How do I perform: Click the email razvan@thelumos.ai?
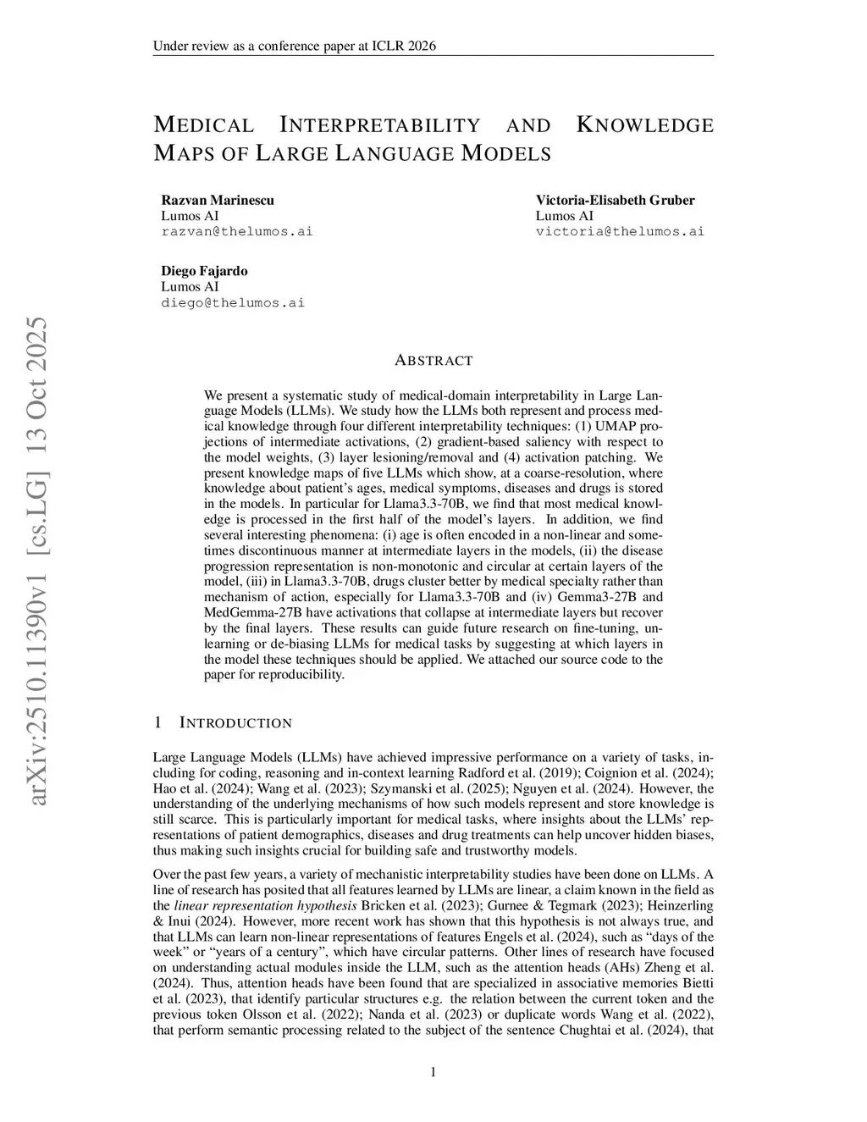236,231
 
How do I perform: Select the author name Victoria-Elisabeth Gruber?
615,200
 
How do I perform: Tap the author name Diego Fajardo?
204,271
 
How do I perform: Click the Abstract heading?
433,361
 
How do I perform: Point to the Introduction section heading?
235,723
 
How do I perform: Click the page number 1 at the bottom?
433,1073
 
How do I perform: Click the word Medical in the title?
203,125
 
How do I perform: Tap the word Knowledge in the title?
644,125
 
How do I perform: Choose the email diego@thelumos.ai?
233,302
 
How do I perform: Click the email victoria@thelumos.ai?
620,231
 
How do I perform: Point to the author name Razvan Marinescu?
218,200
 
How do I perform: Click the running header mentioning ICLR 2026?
294,46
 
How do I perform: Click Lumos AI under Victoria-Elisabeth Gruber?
564,216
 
